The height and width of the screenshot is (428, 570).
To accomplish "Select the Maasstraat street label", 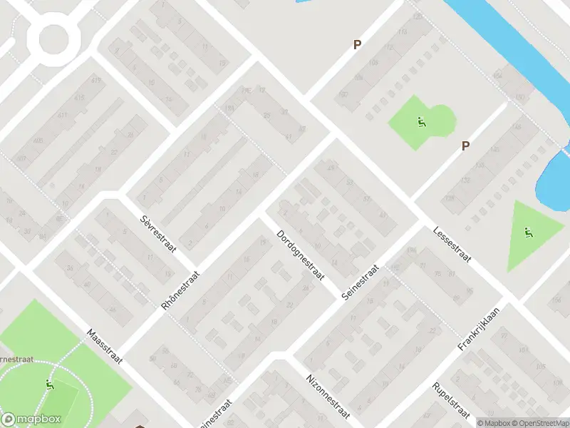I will tap(105, 345).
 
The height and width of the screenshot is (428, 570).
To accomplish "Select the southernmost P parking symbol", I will tap(465, 146).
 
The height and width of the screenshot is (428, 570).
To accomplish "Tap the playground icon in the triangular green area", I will tap(528, 233).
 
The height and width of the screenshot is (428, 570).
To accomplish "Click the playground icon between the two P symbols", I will tap(421, 122).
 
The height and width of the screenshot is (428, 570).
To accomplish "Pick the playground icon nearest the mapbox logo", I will tap(50, 385).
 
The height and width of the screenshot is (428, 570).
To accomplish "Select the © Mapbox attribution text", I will tap(494, 423).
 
